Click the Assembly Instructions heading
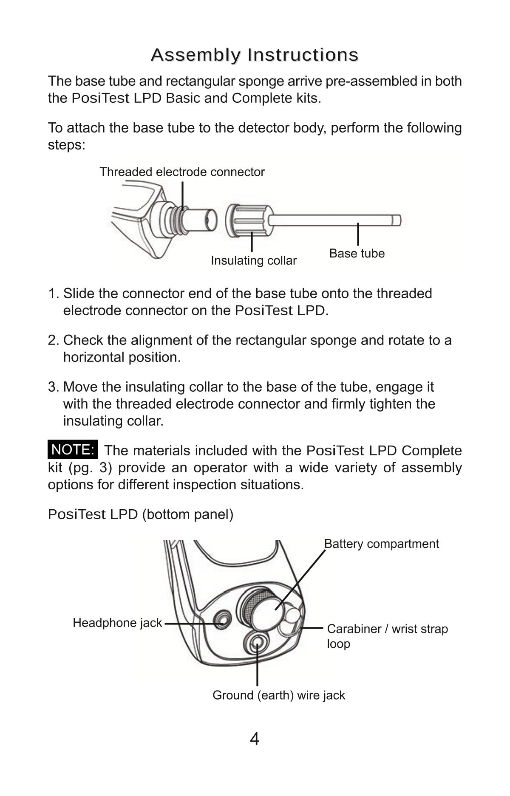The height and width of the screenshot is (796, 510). coord(255,55)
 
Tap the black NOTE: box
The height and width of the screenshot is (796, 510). coord(73,450)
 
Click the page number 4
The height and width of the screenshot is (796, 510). coord(254,740)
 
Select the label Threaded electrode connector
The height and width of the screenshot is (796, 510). coord(182,172)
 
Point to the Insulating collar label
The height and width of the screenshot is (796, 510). coord(254,260)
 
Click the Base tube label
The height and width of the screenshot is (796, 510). coord(357,254)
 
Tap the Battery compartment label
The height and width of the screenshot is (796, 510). coord(381,544)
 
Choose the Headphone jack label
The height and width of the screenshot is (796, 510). coord(117,623)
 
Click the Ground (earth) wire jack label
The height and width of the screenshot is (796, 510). coord(278,695)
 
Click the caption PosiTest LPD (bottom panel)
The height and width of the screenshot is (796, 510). coord(140,514)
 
